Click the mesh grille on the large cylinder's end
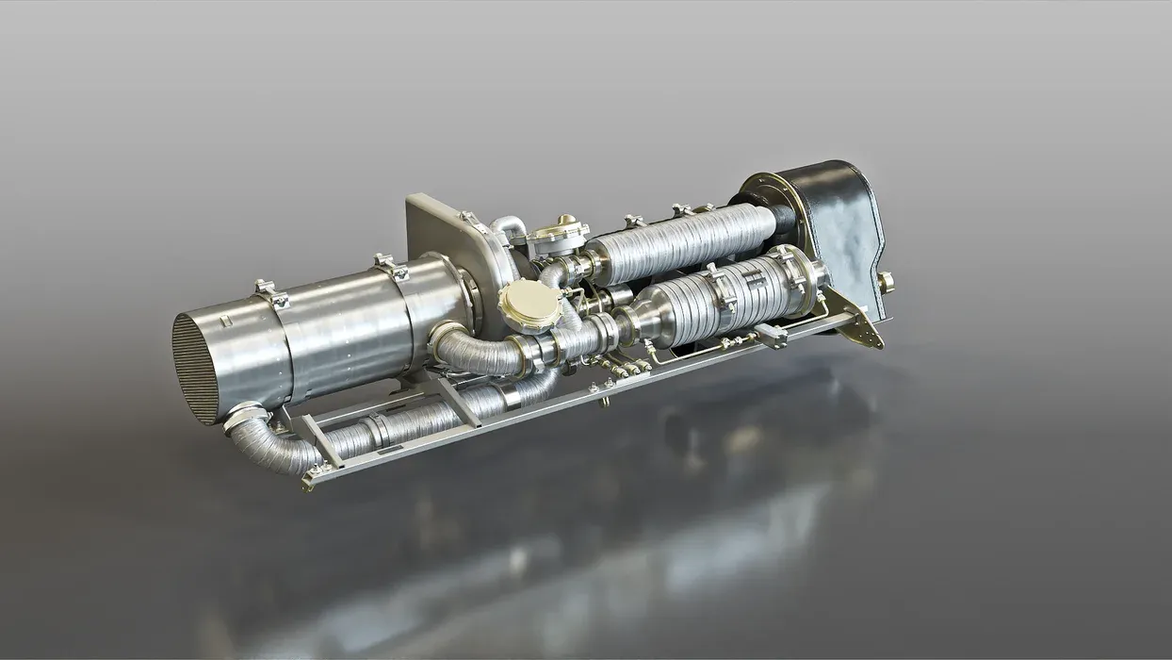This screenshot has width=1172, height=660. [x=195, y=369]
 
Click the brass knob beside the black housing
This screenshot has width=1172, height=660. [x=887, y=282]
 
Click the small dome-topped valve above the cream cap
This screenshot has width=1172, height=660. [x=558, y=233]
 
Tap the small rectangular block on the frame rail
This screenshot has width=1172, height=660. [x=771, y=334]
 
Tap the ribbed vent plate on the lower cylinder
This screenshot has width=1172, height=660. [x=754, y=281]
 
